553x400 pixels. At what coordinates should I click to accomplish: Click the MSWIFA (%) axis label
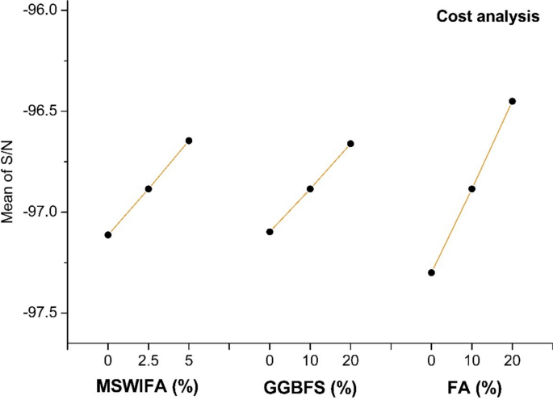(148, 386)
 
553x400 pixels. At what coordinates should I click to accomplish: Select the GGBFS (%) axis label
(310, 387)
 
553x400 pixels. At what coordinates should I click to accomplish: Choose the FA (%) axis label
(471, 387)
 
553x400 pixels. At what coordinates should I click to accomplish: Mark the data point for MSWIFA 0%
(107, 235)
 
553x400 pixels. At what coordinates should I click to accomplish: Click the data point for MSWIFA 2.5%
(148, 189)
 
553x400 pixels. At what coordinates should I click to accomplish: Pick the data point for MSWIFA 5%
(189, 141)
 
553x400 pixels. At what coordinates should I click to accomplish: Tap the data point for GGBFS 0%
(270, 232)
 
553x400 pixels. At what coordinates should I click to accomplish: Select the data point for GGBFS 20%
(350, 144)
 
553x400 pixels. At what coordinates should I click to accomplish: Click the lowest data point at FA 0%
(431, 273)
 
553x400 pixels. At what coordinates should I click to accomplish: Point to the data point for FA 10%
(471, 189)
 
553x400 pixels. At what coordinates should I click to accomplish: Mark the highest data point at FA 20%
(512, 101)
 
